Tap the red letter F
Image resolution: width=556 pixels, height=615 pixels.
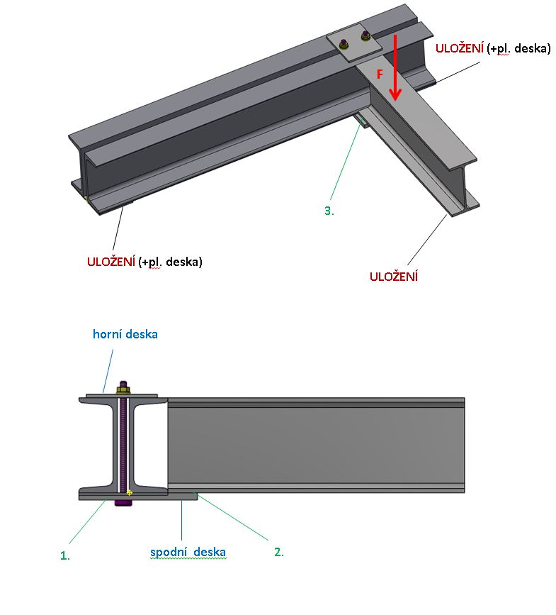(380, 73)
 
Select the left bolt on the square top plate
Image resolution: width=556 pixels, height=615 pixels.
(344, 42)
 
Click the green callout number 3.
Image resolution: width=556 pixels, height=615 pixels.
(329, 211)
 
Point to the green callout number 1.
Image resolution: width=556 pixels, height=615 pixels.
(65, 556)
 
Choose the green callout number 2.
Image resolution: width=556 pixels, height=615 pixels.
(279, 551)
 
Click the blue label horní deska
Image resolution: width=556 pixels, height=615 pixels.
(125, 334)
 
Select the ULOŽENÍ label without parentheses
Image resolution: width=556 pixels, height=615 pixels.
(393, 277)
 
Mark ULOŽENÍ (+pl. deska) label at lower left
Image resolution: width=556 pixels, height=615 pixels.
(144, 261)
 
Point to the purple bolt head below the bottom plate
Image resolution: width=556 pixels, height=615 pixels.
(124, 504)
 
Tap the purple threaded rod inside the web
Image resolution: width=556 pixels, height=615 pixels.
(124, 440)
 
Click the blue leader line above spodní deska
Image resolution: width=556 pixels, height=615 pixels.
(183, 521)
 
